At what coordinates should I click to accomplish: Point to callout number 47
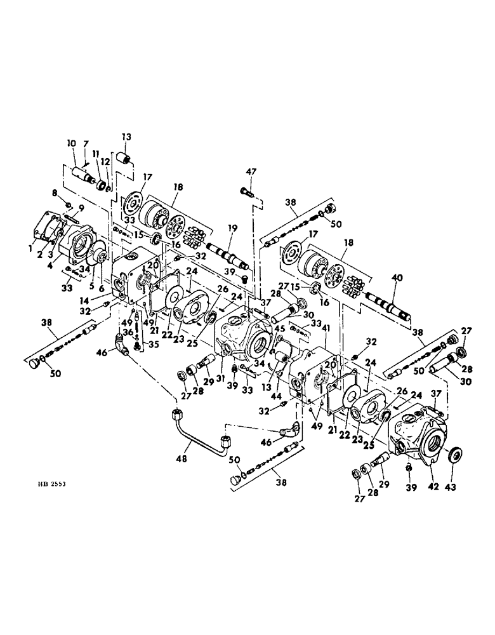pos(252,171)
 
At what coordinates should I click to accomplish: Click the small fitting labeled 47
pos(247,189)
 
